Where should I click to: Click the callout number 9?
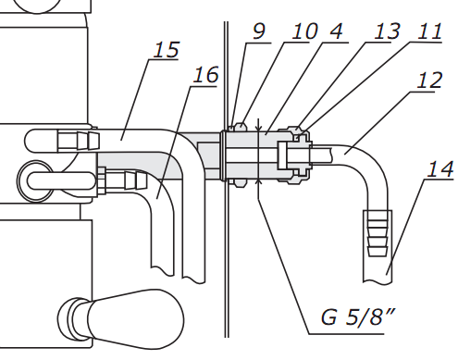pyautogui.click(x=259, y=31)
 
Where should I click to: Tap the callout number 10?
pyautogui.click(x=304, y=31)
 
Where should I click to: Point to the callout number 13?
pyautogui.click(x=387, y=31)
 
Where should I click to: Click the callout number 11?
pyautogui.click(x=429, y=31)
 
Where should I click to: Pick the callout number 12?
pyautogui.click(x=429, y=81)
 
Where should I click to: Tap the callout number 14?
pyautogui.click(x=440, y=169)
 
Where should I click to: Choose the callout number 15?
pyautogui.click(x=166, y=49)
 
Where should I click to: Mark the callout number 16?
pyautogui.click(x=205, y=75)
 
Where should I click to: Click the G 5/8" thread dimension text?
pyautogui.click(x=358, y=317)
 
